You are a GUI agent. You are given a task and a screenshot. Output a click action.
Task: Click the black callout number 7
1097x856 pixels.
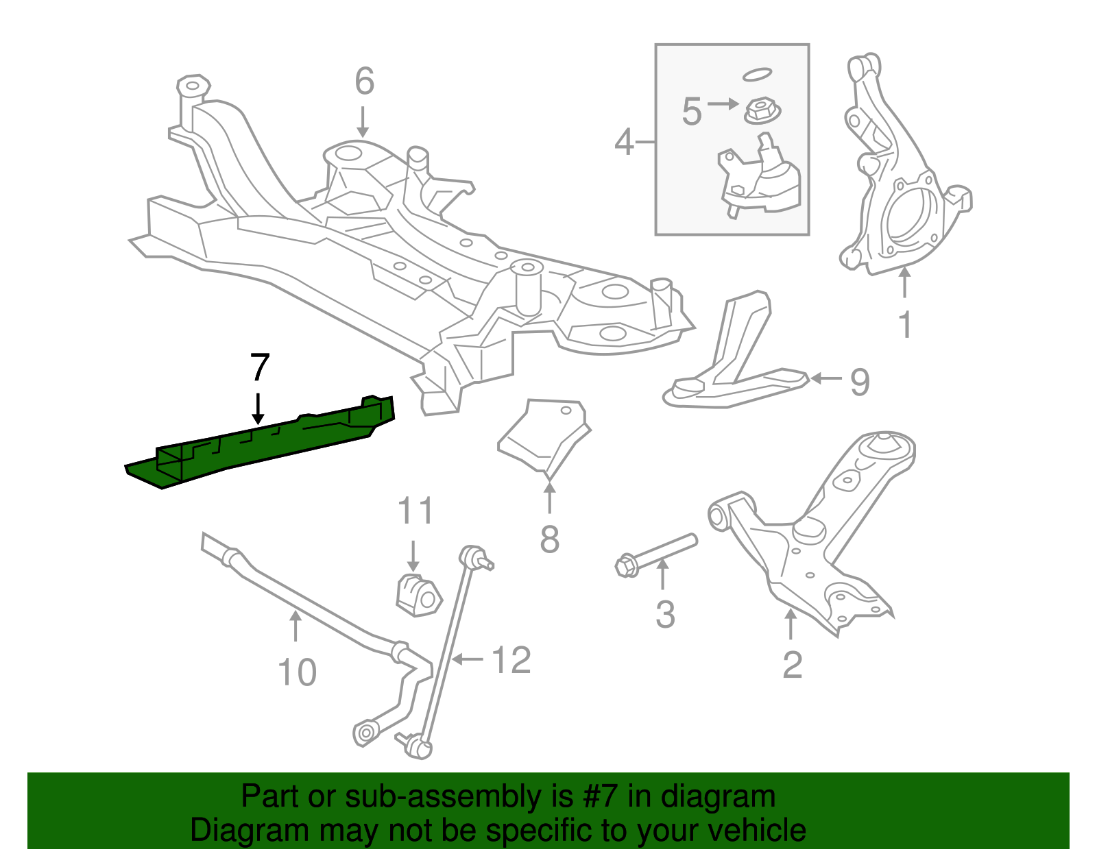(259, 368)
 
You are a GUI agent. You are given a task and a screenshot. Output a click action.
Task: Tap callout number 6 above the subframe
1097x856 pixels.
(364, 82)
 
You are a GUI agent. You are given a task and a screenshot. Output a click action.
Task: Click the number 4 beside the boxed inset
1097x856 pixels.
(624, 143)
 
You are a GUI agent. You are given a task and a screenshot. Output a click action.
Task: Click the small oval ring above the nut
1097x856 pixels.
(757, 74)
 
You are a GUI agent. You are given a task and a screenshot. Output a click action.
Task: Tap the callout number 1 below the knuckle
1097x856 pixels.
(905, 325)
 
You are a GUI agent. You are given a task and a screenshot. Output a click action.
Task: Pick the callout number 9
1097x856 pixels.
(860, 382)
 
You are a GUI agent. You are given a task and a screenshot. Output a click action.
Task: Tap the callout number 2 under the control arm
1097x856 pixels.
(792, 665)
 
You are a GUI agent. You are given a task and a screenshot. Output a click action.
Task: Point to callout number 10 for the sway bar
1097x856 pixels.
(297, 672)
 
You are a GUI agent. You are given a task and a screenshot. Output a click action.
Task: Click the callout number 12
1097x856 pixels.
(511, 661)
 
